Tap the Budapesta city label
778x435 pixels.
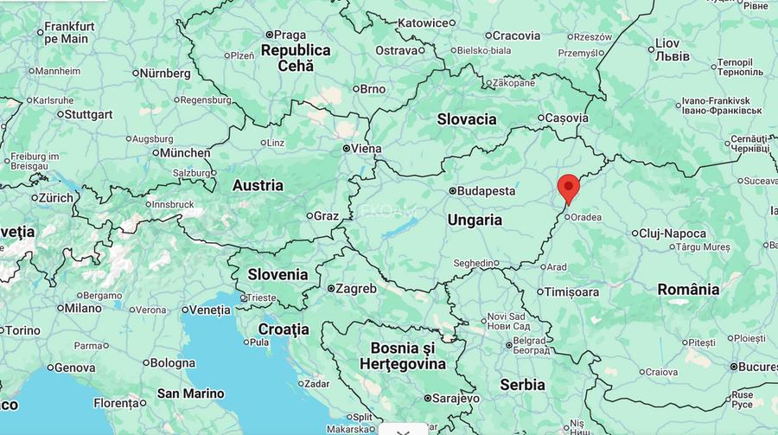[485, 191]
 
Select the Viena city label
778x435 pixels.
[365, 149]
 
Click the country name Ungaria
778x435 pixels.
[475, 221]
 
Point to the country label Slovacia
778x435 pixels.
[467, 119]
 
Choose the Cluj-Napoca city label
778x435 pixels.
[673, 233]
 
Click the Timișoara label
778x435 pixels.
[571, 292]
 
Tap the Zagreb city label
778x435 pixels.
[355, 289]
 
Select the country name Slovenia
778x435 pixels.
[277, 274]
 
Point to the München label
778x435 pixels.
[185, 153]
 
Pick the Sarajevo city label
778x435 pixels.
[456, 399]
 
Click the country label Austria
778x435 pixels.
[258, 185]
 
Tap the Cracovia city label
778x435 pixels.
[516, 35]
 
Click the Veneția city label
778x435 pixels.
[210, 310]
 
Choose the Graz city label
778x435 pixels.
[326, 215]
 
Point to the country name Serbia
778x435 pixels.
[522, 384]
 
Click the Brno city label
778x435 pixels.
[372, 89]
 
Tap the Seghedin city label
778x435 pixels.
[476, 263]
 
